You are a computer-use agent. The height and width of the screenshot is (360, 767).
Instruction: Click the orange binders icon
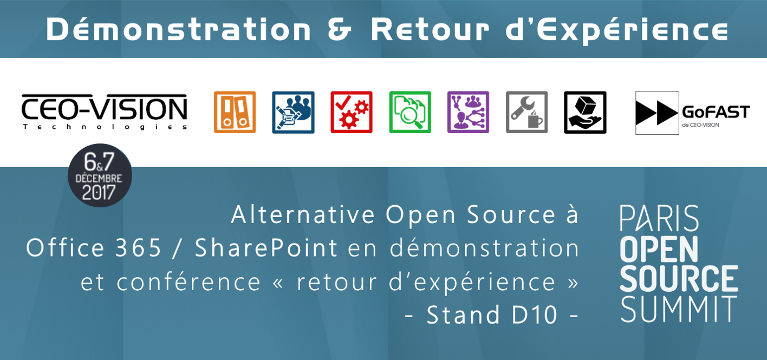pos(235,112)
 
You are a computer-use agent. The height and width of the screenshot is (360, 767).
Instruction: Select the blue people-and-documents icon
pos(293,112)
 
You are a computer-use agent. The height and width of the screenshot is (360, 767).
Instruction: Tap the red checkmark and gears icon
pos(352,112)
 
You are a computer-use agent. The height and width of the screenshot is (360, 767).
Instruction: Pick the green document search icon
pos(410,112)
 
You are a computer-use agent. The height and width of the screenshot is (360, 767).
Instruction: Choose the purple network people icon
pos(469,112)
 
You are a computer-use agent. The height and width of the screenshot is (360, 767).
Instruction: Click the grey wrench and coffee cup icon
pos(527,112)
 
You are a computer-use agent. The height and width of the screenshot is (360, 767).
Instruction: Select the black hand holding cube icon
pos(585,112)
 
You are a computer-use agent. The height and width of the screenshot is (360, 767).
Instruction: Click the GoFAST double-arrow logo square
pos(657,113)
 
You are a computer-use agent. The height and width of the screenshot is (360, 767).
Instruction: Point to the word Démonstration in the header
pos(178,30)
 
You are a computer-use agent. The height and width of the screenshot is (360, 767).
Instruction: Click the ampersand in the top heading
pos(339,30)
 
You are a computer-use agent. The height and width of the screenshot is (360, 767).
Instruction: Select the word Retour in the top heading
pos(430,30)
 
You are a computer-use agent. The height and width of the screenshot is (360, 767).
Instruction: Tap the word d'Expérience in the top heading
pos(617,31)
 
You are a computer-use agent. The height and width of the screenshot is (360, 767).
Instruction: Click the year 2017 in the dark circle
pos(99,192)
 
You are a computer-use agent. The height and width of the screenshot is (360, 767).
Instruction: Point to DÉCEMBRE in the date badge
pos(99,178)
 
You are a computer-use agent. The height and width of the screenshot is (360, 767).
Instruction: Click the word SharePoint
pos(266,248)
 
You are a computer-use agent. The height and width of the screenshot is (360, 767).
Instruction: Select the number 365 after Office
pos(138,248)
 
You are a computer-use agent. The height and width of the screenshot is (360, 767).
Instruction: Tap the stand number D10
pos(534,315)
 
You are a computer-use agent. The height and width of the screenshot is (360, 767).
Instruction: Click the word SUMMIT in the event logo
pos(679,309)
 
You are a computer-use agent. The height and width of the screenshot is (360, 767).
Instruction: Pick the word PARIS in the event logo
pos(659,218)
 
